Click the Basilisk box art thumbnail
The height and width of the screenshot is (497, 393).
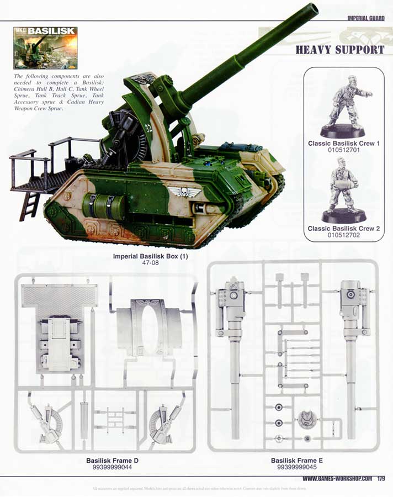coord(45,48)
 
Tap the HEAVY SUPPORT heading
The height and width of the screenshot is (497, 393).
coord(339,50)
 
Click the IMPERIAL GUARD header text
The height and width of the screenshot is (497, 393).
coord(365,18)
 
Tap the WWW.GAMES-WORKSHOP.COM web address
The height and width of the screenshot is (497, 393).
coord(337,478)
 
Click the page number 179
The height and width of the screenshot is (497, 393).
coord(381,478)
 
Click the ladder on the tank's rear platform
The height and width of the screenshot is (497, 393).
coord(29,206)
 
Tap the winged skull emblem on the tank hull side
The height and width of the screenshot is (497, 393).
coord(178,192)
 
